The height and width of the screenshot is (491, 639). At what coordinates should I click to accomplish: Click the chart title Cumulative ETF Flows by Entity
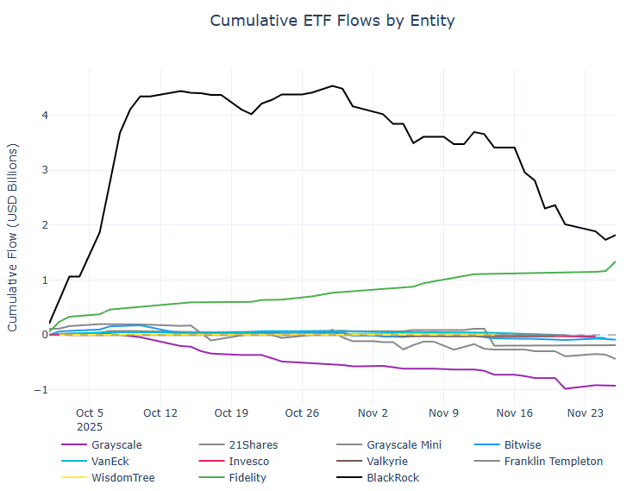click(x=332, y=20)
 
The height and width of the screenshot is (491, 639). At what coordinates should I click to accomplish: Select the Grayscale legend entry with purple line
click(x=120, y=445)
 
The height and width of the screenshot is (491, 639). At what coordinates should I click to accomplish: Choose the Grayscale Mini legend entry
click(x=406, y=445)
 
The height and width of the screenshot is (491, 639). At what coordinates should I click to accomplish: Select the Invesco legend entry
click(x=247, y=461)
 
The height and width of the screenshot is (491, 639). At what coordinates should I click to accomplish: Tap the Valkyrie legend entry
click(x=387, y=461)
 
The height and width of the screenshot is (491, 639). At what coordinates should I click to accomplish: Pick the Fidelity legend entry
click(x=247, y=476)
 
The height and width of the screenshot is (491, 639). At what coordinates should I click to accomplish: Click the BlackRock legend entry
click(x=394, y=476)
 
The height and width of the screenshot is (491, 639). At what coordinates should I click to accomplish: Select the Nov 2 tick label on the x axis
click(x=372, y=412)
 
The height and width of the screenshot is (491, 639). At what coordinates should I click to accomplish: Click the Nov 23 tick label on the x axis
click(x=583, y=412)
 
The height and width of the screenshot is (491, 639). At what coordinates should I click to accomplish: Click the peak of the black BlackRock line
click(x=333, y=85)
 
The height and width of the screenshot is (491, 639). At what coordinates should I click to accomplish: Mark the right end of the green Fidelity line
click(x=615, y=261)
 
